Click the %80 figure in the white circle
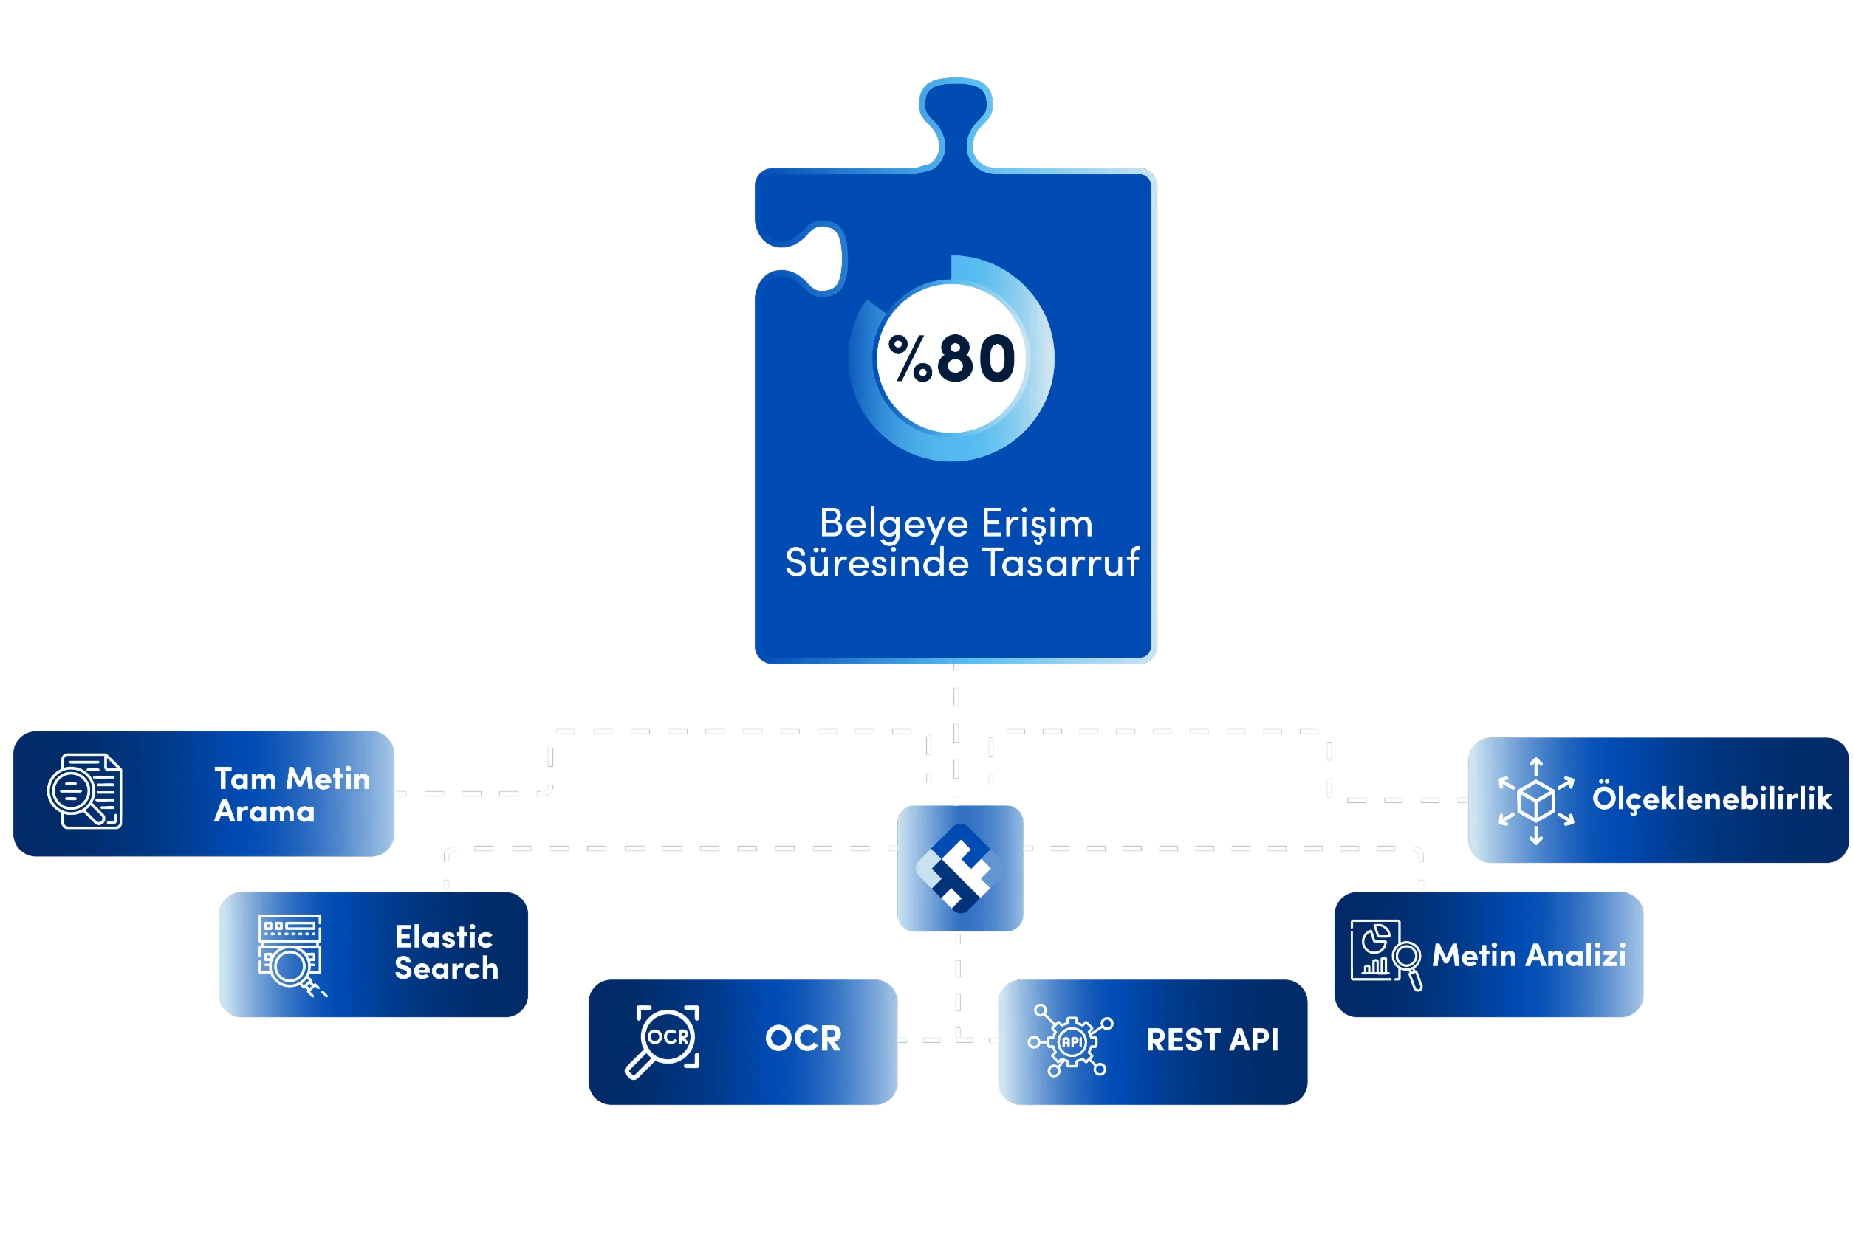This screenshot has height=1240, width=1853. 952,359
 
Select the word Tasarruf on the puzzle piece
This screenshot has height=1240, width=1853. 1061,563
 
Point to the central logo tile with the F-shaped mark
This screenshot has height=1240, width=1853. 959,868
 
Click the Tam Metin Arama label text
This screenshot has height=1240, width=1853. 291,795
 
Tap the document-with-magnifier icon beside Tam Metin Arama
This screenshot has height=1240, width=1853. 86,791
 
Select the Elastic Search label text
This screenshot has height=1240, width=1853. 446,953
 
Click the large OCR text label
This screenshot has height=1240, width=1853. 803,1039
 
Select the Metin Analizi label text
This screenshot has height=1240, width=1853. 1529,956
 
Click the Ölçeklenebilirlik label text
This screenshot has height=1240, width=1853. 1711,799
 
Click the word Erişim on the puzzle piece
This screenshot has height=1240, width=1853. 1037,524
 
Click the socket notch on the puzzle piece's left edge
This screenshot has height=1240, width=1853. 815,259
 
